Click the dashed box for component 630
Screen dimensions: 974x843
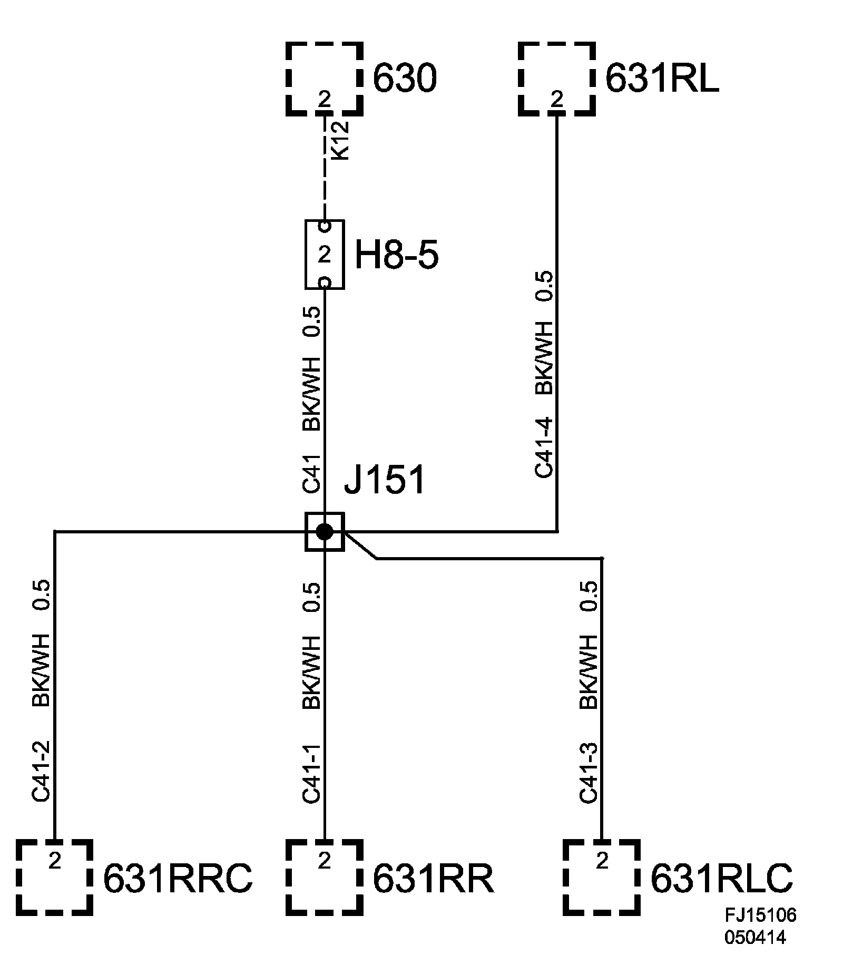click(x=325, y=79)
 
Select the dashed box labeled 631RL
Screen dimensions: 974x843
click(x=557, y=79)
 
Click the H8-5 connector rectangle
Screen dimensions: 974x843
click(x=325, y=255)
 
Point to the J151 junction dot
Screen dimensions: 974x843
click(x=325, y=531)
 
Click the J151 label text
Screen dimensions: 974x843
click(x=384, y=481)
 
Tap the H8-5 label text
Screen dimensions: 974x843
click(x=396, y=256)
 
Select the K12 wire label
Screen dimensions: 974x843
click(x=340, y=141)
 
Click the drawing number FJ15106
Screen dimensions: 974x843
click(x=760, y=915)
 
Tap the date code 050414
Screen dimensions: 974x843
click(x=755, y=938)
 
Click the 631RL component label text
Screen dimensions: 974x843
click(x=662, y=79)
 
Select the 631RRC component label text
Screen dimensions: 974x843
click(x=178, y=878)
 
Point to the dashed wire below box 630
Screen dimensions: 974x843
click(x=325, y=169)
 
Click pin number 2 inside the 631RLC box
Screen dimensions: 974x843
click(x=602, y=861)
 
